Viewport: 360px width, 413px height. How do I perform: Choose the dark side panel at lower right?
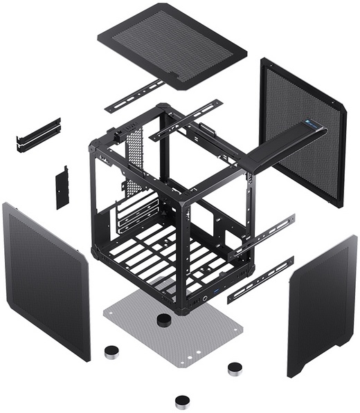(322, 297)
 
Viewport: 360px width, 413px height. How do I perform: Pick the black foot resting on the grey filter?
(164, 320)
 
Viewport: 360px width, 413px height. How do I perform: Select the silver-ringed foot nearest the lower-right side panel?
(235, 368)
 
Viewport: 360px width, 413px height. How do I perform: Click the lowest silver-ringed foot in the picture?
(182, 401)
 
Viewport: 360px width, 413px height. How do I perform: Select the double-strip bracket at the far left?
(38, 134)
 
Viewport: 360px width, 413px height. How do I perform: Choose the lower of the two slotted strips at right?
(261, 277)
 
